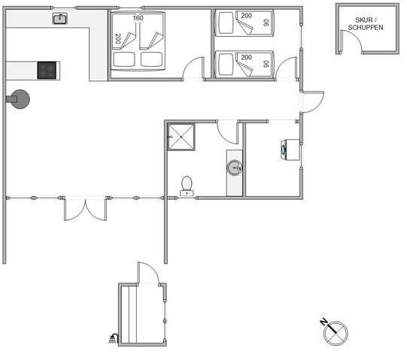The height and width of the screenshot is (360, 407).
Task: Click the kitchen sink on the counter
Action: coord(60,19)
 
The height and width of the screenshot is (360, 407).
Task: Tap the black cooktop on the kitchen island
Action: coord(47,70)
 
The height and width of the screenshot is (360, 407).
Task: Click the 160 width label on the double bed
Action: coord(138,18)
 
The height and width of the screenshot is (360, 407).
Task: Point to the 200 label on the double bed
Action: coord(118,38)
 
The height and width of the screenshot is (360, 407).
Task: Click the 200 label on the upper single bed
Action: coord(246,16)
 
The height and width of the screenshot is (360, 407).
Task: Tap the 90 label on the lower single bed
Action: coord(266,64)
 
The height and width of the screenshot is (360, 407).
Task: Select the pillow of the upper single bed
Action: coord(226,23)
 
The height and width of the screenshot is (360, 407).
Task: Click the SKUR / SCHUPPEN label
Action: coord(366,23)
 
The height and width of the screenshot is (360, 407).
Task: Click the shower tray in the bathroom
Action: coord(181,137)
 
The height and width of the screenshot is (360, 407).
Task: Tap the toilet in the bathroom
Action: coord(187,186)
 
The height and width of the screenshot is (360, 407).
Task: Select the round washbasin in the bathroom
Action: coord(235,168)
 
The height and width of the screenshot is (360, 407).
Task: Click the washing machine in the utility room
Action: coord(290,150)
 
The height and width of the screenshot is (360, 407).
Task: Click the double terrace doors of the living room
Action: coord(86,210)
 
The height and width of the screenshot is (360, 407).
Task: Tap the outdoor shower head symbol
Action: coord(114,338)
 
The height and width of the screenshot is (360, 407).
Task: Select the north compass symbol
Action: coord(336,333)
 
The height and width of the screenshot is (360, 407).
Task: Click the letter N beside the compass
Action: coord(323,322)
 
